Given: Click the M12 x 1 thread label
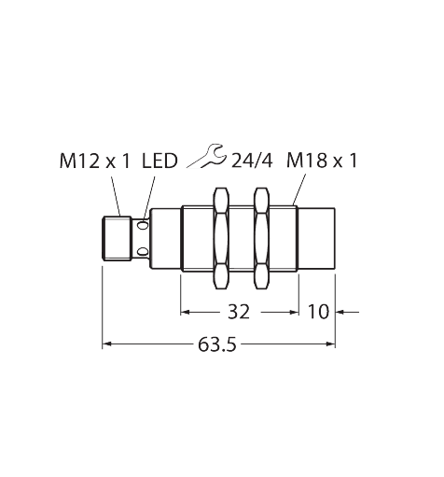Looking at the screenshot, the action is (x=95, y=161).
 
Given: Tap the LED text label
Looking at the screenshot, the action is (x=160, y=161).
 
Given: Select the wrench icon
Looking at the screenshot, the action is (x=207, y=156).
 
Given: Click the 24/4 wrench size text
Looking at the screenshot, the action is (x=252, y=161).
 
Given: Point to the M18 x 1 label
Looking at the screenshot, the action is (x=322, y=161).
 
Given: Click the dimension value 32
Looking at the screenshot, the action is (x=239, y=312).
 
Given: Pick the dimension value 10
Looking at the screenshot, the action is (x=318, y=312).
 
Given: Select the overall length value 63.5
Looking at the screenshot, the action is (x=217, y=344).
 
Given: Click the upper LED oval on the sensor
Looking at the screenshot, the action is (x=143, y=225).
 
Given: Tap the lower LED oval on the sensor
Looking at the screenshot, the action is (x=143, y=250).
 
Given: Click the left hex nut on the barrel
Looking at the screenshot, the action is (x=221, y=238).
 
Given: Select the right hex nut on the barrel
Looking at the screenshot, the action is (x=261, y=238).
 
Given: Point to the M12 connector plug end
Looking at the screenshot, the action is (x=117, y=238).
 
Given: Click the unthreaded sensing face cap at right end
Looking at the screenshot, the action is (x=317, y=238).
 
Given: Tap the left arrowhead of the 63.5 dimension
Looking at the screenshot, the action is (x=106, y=344).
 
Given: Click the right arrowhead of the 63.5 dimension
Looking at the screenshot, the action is (x=331, y=344).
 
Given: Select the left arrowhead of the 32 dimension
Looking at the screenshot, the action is (x=185, y=312).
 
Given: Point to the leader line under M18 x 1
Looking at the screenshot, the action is (x=299, y=189).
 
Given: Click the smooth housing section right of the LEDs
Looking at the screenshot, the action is (x=166, y=238).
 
